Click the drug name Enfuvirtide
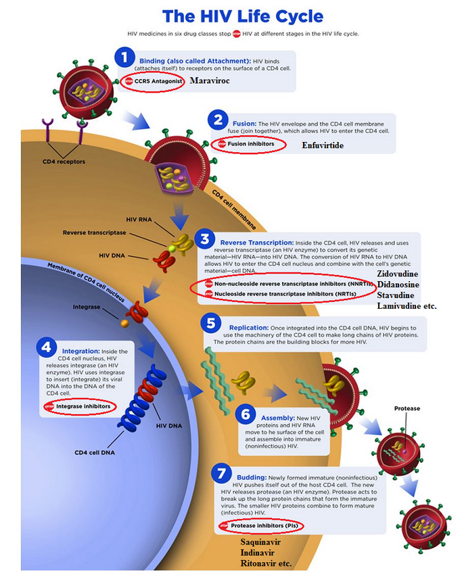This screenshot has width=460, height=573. click(323, 145)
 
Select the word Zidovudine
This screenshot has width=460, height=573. click(398, 274)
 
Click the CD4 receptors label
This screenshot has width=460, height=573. click(64, 161)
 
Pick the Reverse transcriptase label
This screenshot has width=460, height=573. click(94, 232)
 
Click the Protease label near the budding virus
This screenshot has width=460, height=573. click(407, 408)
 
